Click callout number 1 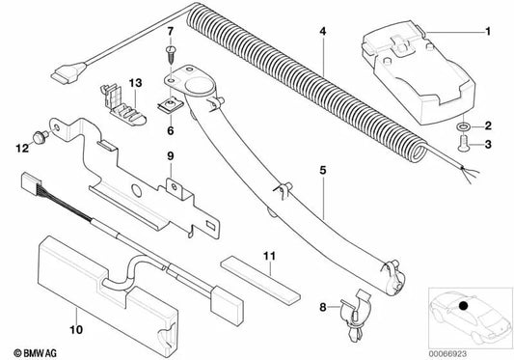pos(487,32)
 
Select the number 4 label pos(324,33)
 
